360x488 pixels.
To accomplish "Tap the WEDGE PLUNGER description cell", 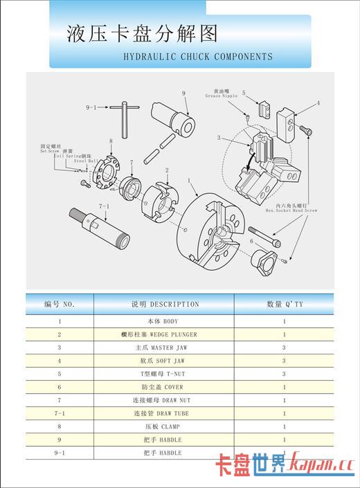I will click(x=164, y=334).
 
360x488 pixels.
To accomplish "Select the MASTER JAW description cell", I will click(x=164, y=347).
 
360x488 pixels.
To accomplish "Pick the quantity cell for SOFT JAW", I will click(x=284, y=361).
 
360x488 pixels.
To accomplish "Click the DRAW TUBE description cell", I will click(x=164, y=413).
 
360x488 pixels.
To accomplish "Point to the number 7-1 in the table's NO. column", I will click(x=60, y=413).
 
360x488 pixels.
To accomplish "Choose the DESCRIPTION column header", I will click(x=164, y=304).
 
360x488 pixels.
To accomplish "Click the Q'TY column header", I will click(x=285, y=304).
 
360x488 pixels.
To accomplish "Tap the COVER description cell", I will click(x=164, y=387).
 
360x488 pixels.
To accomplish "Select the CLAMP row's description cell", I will click(x=164, y=426).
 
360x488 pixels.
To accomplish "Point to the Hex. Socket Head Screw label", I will click(x=290, y=208).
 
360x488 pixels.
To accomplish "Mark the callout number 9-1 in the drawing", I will click(x=93, y=108).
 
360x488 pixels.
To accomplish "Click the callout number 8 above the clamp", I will click(x=110, y=141).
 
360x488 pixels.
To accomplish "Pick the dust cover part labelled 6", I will click(x=264, y=261).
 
